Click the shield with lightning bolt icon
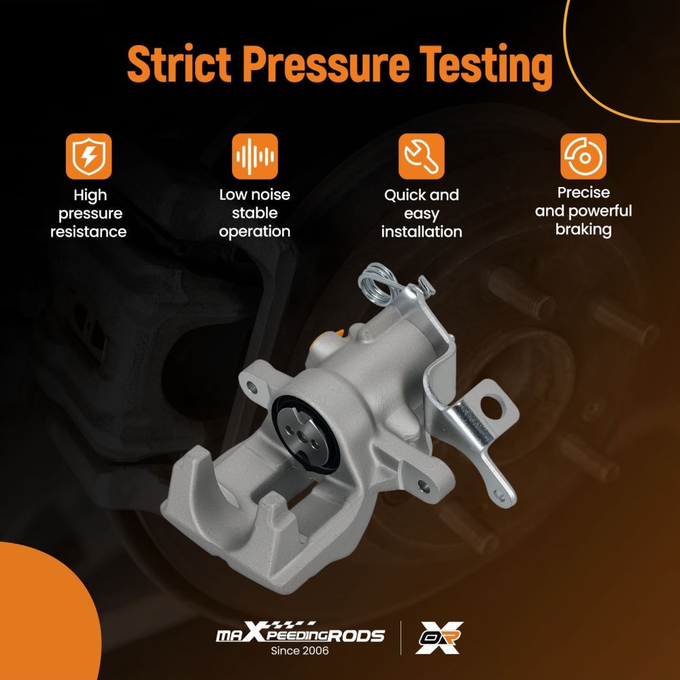pyautogui.click(x=89, y=156)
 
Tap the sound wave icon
pyautogui.click(x=254, y=156)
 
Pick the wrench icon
pyautogui.click(x=422, y=156)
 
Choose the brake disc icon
pyautogui.click(x=583, y=156)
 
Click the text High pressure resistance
pyautogui.click(x=89, y=214)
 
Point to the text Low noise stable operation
pyautogui.click(x=254, y=213)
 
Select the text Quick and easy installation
pyautogui.click(x=422, y=214)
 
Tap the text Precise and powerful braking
pyautogui.click(x=583, y=211)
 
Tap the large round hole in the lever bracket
pyautogui.click(x=492, y=407)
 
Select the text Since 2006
pyautogui.click(x=300, y=651)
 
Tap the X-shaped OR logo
pyautogui.click(x=439, y=637)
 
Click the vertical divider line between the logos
pyautogui.click(x=401, y=638)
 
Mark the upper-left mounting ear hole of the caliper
pyautogui.click(x=252, y=386)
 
